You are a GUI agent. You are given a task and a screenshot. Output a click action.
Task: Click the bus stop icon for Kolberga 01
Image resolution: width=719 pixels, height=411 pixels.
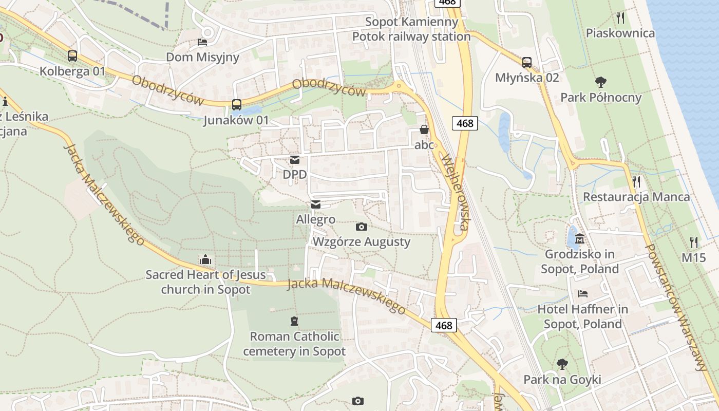coord(72,56)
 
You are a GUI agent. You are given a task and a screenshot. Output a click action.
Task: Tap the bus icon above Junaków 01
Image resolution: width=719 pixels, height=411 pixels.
coord(236,105)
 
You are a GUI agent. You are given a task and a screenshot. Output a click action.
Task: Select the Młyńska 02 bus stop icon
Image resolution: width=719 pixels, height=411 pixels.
coord(527,63)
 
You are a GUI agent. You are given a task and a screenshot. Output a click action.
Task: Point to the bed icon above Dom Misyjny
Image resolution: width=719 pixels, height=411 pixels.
coord(202,42)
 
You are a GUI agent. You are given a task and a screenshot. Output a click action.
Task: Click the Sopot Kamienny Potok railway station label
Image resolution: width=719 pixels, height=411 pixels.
coord(411,29)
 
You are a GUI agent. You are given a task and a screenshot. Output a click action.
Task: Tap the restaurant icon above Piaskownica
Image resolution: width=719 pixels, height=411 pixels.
coord(620,18)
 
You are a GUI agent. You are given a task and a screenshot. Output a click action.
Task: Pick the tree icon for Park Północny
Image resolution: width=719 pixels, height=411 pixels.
coord(600,82)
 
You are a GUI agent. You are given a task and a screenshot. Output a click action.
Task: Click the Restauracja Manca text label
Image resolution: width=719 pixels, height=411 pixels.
coord(636,197)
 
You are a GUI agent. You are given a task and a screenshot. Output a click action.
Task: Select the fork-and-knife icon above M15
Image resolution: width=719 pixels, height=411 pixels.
coord(694,242)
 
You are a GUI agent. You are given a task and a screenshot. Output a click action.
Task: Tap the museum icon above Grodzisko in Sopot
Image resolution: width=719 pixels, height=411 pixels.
coord(580,239)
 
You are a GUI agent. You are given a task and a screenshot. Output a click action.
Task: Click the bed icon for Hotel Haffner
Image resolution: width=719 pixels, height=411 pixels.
coord(583,294)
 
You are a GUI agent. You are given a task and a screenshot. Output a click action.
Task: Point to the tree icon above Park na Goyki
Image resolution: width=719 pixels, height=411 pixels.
coord(562,364)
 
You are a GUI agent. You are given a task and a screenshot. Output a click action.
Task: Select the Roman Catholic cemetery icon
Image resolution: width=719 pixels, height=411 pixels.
coord(294,321)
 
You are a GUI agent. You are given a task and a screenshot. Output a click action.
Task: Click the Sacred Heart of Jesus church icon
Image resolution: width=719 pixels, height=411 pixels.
coord(205,259)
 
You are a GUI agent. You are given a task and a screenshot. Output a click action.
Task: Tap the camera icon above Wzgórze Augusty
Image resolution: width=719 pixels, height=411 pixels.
coord(361,227)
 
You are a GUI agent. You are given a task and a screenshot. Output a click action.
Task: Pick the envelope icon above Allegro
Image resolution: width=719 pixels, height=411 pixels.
coord(315,204)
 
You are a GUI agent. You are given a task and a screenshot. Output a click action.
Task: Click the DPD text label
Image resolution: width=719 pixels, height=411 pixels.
coord(295,175)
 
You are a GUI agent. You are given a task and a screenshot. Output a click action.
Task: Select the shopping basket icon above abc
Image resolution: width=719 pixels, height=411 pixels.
coord(424,129)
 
